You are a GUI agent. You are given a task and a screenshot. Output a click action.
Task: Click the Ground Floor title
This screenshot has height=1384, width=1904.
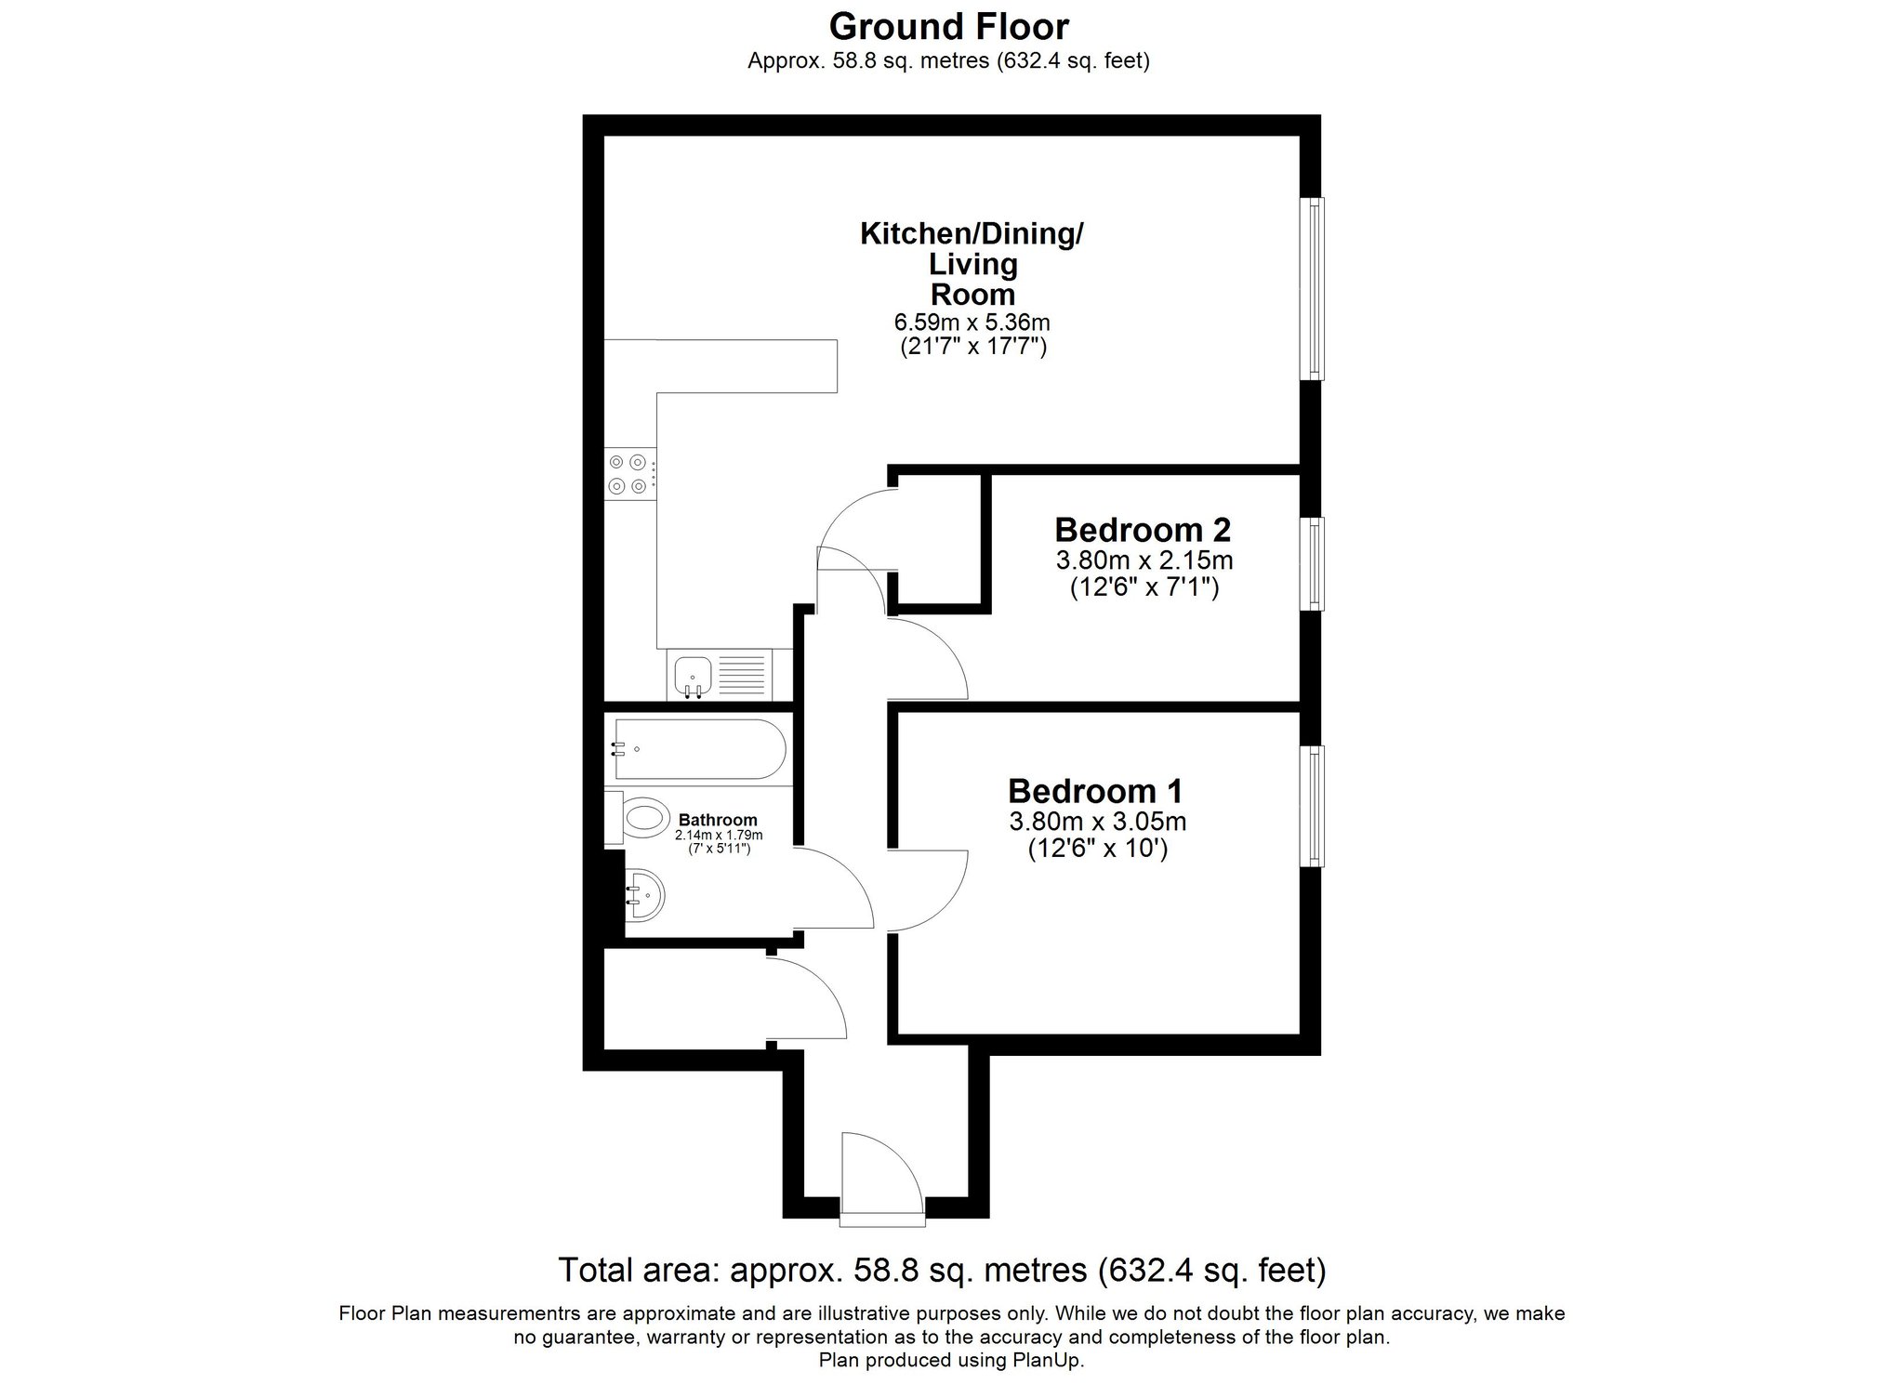click(x=948, y=27)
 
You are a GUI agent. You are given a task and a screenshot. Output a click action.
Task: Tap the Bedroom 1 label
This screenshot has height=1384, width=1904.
click(x=1095, y=791)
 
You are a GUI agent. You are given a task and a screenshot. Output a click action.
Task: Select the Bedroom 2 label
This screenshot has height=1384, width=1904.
click(x=1143, y=530)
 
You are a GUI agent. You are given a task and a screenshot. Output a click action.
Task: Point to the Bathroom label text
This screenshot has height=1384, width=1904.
click(x=718, y=820)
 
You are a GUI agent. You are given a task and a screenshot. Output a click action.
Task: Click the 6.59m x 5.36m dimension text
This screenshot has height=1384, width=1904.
click(x=972, y=323)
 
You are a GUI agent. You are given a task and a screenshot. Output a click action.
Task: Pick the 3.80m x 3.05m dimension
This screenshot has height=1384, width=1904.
click(x=1097, y=822)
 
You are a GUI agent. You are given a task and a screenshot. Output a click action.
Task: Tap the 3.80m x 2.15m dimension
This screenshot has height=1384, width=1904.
click(x=1144, y=560)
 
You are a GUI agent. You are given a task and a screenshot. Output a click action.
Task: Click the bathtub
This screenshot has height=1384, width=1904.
click(x=699, y=748)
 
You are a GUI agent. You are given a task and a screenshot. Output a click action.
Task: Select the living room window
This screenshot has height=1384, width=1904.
click(x=1313, y=289)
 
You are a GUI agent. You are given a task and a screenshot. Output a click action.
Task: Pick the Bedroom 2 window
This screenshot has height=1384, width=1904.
click(x=1313, y=564)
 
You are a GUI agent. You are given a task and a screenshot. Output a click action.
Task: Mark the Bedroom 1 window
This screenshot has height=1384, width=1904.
click(x=1313, y=806)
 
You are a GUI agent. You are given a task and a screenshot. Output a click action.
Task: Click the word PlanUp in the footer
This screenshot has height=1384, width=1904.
click(x=1048, y=1360)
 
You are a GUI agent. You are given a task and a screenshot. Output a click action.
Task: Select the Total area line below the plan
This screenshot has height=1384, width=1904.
click(x=942, y=1270)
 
